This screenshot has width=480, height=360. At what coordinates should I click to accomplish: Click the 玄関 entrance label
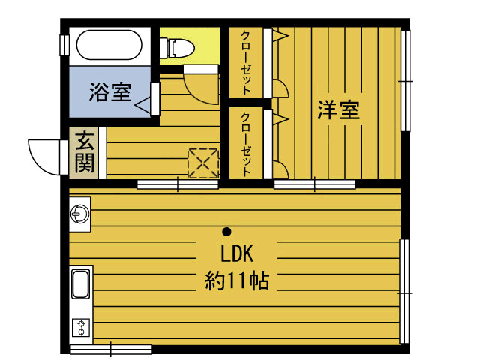tap(85, 151)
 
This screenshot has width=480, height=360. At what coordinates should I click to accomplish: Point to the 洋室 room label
tap(338, 110)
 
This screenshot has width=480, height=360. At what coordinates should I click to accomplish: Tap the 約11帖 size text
tap(237, 281)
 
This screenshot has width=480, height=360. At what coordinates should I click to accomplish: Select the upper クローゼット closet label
tap(245, 61)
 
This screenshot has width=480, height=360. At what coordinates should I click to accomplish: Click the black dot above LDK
tap(226, 231)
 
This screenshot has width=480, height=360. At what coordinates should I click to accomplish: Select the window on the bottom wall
tap(110, 349)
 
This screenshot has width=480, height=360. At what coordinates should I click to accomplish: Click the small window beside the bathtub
tap(64, 44)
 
